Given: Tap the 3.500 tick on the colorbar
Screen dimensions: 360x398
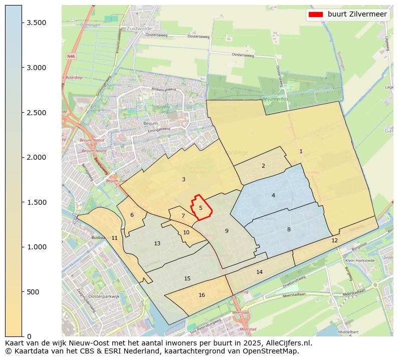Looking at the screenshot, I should [22, 23].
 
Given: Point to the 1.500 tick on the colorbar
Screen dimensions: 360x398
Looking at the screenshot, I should [22, 202].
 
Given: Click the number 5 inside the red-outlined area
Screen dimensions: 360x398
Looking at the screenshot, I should [201, 208].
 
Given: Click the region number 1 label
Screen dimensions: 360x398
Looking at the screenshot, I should [301, 151].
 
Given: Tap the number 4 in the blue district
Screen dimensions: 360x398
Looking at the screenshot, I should [273, 195].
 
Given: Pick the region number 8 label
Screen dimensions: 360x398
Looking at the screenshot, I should [289, 229].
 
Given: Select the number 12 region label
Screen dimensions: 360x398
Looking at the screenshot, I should [334, 240].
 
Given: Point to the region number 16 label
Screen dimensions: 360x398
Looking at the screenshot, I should [202, 295].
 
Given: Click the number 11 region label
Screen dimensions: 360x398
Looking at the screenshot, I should [114, 238].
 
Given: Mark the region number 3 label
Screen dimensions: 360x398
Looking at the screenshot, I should [183, 179].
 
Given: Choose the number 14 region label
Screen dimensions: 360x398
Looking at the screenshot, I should [259, 272].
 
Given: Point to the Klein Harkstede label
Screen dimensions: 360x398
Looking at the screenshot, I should [360, 261].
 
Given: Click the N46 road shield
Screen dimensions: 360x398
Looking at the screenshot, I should [71, 57].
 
